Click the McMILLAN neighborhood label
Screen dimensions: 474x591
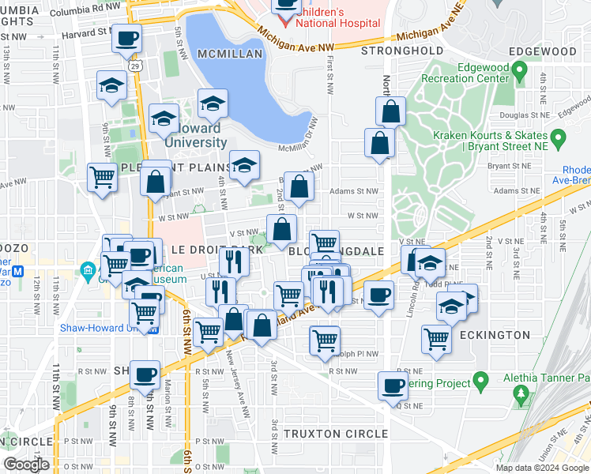click(x=230, y=53)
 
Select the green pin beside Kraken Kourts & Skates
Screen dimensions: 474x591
click(x=559, y=141)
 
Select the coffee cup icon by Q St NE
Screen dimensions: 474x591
click(x=393, y=386)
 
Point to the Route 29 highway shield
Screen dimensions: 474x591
click(x=137, y=66)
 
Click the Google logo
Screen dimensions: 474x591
click(x=26, y=465)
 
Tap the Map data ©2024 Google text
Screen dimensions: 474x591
click(x=542, y=468)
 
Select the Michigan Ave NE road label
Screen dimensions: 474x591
click(x=430, y=36)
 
